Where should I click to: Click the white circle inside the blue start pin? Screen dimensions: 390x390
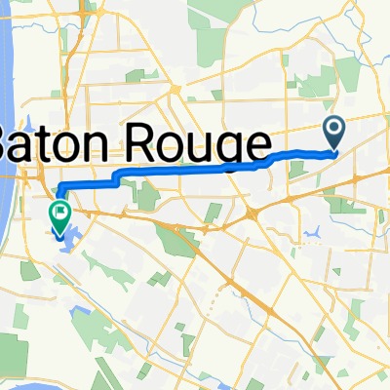click(x=333, y=128)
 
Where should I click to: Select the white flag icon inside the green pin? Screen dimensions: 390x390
click(x=61, y=208)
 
